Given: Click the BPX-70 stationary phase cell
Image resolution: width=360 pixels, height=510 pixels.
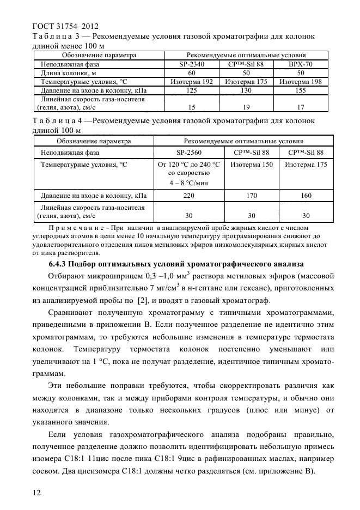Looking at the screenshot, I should point(301,64).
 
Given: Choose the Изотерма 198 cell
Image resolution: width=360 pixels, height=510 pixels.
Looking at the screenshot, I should point(301,81).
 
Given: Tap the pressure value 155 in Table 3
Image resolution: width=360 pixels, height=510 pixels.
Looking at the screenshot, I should point(301,89).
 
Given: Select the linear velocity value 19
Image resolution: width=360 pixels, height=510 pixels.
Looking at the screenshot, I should point(246,107).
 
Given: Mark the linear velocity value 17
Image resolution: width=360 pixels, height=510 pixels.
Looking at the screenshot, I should point(301,107).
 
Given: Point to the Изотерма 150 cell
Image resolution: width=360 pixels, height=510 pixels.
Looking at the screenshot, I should point(252,164).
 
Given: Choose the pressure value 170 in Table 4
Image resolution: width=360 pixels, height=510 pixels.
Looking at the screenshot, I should point(252,195).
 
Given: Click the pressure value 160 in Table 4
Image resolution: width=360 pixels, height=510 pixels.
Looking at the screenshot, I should point(306,195).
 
